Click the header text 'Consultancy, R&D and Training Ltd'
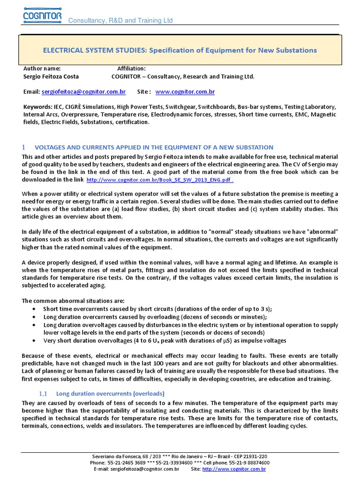coord(120,21)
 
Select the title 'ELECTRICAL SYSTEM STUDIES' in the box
coord(95,50)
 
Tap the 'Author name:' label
coord(42,68)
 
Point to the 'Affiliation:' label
coord(131,68)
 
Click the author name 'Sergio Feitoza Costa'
coord(51,76)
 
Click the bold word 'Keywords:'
coord(37,107)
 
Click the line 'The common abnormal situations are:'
coord(72,301)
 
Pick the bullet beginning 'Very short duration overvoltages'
coord(164,341)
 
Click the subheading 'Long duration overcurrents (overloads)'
coord(110,394)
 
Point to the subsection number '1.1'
coord(43,394)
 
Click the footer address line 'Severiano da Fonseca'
coord(180,456)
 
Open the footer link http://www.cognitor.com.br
coord(234,469)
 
